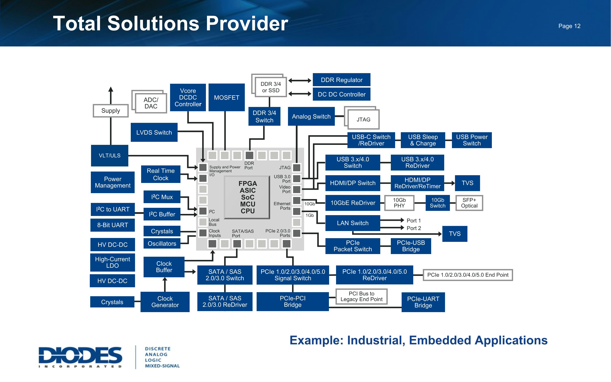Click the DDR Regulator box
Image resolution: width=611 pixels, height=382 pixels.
pyautogui.click(x=341, y=80)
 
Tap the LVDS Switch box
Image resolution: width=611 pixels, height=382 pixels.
pyautogui.click(x=154, y=132)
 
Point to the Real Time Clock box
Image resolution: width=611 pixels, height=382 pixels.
pyautogui.click(x=160, y=174)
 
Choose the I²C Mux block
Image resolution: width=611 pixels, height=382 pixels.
pyautogui.click(x=162, y=197)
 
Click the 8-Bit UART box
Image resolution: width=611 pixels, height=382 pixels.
pyautogui.click(x=113, y=225)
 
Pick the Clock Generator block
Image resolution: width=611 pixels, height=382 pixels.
pyautogui.click(x=165, y=302)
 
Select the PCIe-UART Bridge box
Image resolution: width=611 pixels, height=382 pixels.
pyautogui.click(x=423, y=302)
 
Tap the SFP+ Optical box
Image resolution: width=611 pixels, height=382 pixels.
pyautogui.click(x=469, y=203)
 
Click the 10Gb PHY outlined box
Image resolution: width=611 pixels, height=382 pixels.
pyautogui.click(x=399, y=203)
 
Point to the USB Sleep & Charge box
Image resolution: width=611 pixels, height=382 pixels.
pyautogui.click(x=423, y=140)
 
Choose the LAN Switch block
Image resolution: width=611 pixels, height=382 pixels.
pyautogui.click(x=353, y=223)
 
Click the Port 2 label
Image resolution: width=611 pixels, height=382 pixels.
pyautogui.click(x=414, y=228)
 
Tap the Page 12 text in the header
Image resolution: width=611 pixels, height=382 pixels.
pyautogui.click(x=569, y=26)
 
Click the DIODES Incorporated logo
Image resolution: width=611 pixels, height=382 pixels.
pyautogui.click(x=80, y=357)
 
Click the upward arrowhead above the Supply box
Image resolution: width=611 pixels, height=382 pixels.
pyautogui.click(x=111, y=89)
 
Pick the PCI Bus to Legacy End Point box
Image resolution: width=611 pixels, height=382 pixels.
pyautogui.click(x=361, y=296)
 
